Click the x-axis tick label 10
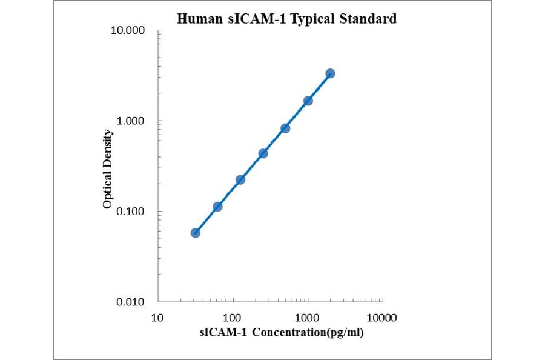(x=157, y=318)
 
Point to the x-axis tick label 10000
(x=382, y=318)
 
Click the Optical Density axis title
(x=108, y=169)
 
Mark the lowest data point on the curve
(x=195, y=233)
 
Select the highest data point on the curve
(x=330, y=73)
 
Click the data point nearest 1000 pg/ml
(x=308, y=101)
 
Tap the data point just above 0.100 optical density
(x=217, y=207)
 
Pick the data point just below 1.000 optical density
(x=285, y=128)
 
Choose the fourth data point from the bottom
(x=263, y=153)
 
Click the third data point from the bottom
(x=240, y=179)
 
